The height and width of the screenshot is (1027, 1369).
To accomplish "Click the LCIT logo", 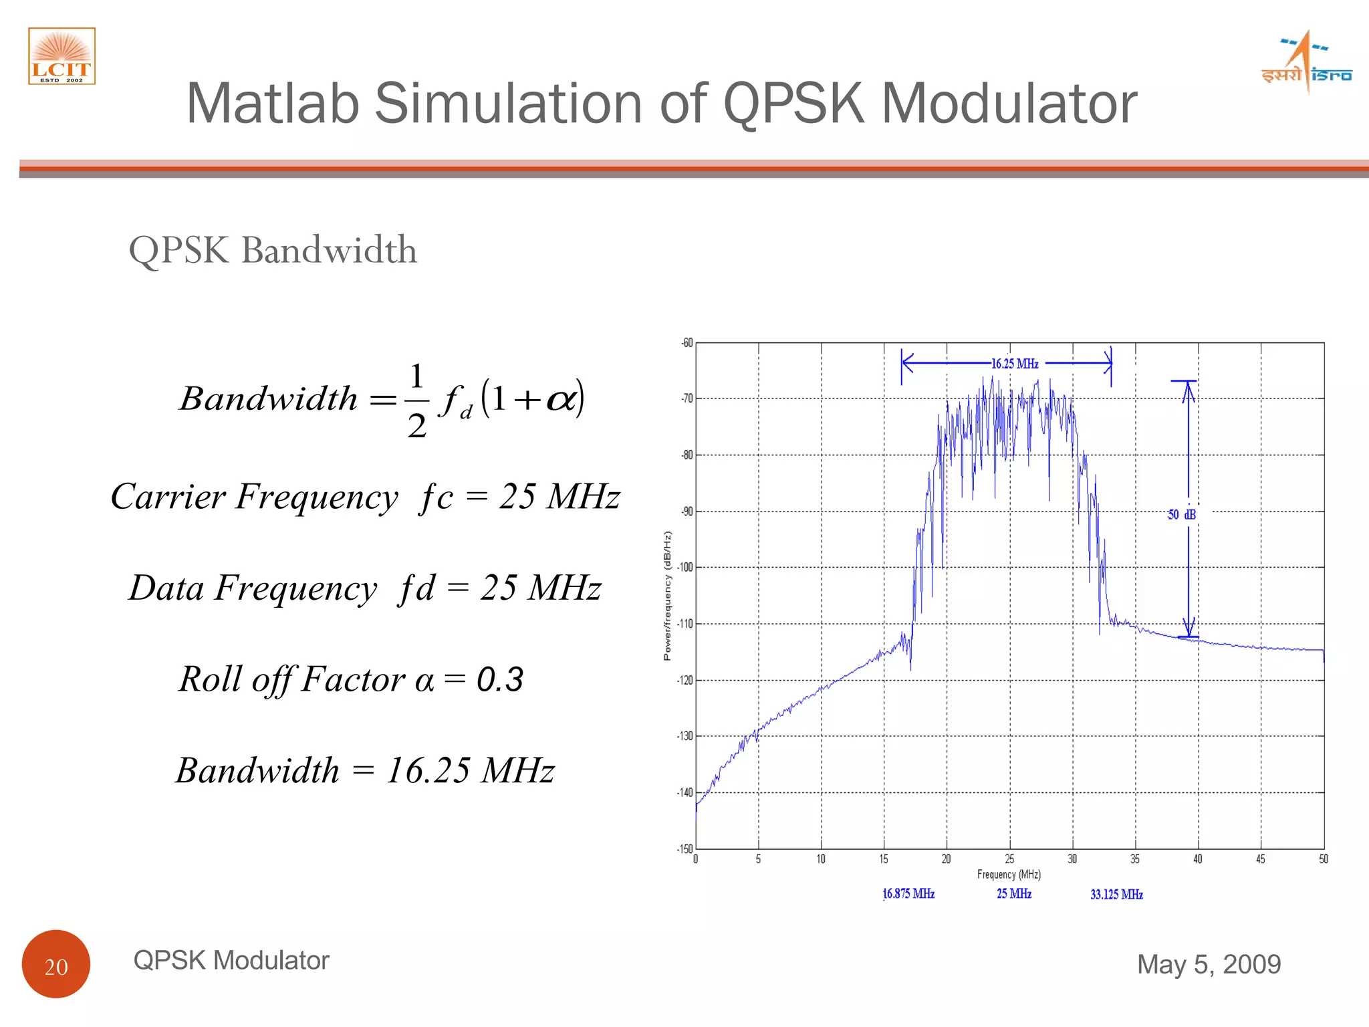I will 61,56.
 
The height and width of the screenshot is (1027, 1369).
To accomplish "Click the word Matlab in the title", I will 272,104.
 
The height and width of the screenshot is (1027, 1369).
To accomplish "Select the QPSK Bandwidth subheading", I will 273,250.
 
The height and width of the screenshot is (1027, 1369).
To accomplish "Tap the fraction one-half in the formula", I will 416,400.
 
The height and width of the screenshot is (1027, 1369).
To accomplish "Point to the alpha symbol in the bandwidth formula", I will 560,399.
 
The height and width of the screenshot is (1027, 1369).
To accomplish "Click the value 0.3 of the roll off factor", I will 500,679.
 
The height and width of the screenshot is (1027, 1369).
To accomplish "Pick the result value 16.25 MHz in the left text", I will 470,770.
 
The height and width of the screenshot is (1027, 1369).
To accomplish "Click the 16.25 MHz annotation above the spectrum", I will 1014,364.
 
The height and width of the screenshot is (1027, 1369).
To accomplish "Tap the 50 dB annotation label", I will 1181,514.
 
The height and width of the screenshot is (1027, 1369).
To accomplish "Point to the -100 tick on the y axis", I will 685,568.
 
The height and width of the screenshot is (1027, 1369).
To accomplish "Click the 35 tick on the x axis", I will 1135,859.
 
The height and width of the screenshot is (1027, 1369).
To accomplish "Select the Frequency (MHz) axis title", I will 1009,875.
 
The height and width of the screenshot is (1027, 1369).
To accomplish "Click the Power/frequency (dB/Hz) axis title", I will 667,596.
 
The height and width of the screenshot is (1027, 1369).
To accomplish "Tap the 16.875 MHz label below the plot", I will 908,894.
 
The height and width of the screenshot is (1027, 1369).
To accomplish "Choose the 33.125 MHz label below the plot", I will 1116,895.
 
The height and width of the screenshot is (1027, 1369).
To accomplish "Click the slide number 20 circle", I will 56,964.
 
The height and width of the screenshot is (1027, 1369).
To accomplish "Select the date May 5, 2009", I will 1209,964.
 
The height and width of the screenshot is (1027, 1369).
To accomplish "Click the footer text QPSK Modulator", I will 231,960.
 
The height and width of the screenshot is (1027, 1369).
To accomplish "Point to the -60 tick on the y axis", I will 687,343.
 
